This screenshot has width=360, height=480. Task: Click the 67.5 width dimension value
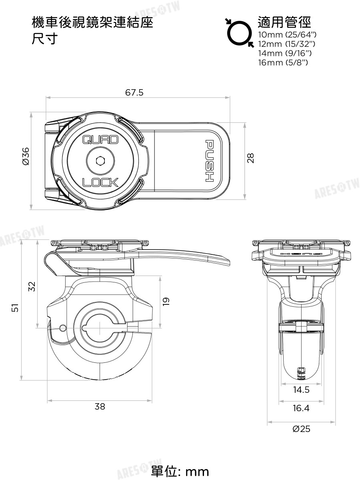coord(134,93)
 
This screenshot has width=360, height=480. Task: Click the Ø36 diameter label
coord(25,156)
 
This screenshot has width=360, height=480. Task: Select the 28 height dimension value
coord(251,159)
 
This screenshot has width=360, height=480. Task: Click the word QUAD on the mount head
coord(100,140)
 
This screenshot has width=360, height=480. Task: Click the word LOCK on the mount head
coord(100,183)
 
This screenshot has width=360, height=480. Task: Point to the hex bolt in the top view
coord(100,161)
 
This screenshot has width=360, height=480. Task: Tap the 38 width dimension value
coord(100,407)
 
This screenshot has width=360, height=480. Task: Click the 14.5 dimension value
coord(301,389)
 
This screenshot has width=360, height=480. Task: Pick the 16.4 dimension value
coord(301,408)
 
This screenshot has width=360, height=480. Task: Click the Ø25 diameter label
coord(301,429)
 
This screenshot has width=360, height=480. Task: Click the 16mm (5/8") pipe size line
coord(284,62)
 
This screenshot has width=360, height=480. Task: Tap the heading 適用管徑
coord(284,22)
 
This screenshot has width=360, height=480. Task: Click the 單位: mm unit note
coord(180,471)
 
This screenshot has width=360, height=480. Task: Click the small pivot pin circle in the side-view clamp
coord(62,328)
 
